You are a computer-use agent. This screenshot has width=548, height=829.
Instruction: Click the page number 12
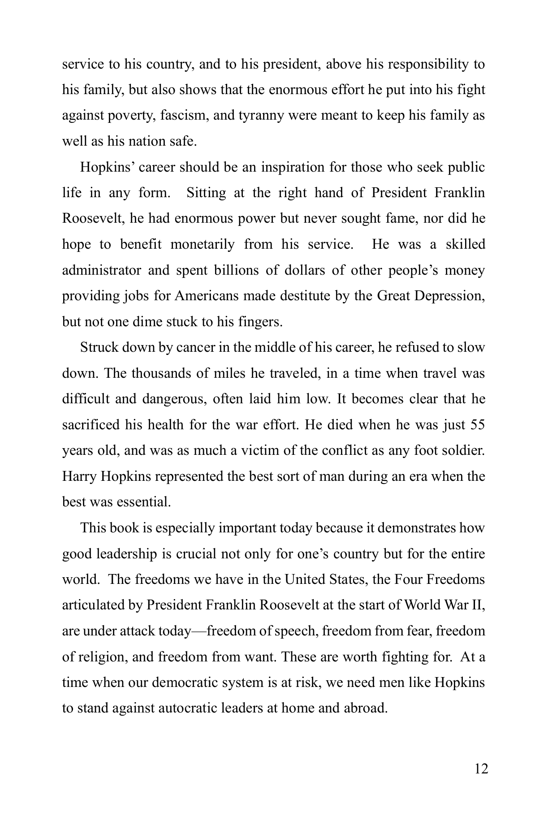click(481, 769)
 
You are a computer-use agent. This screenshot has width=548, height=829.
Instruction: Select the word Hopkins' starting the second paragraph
click(107, 167)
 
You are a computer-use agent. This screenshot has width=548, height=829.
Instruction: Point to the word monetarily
click(202, 244)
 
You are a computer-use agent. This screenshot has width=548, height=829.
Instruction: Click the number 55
click(478, 425)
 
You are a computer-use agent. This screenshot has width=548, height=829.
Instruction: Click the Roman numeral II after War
click(479, 605)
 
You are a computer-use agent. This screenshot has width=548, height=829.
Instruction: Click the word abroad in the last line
click(365, 708)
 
